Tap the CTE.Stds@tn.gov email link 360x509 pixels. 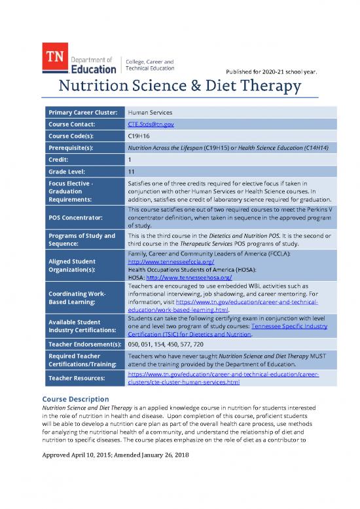148,124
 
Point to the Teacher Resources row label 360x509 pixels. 73,379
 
